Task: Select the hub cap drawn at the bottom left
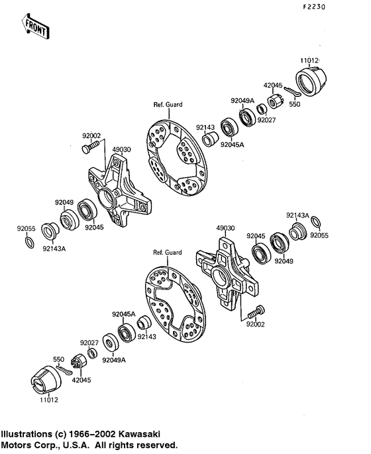48,383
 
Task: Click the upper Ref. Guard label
168,104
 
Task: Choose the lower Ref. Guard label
167,253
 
